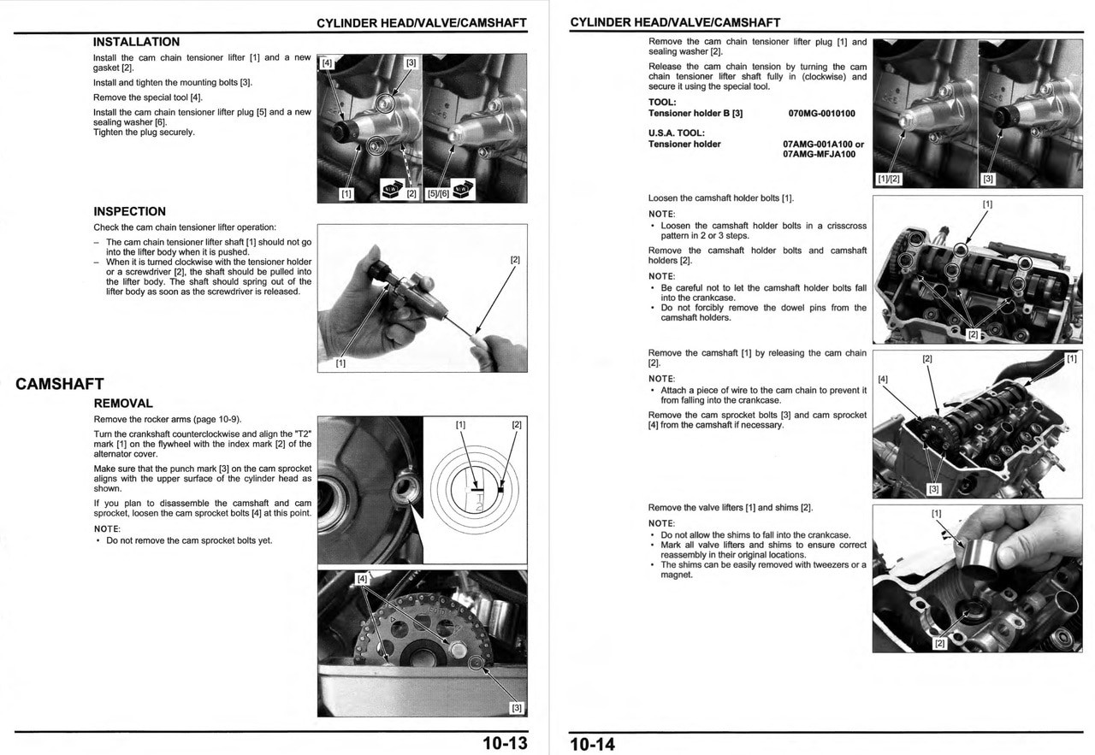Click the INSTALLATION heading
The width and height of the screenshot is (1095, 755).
point(136,42)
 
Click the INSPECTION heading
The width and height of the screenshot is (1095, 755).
point(129,211)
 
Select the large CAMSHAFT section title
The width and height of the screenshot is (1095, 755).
point(59,384)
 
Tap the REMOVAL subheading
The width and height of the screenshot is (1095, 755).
point(123,404)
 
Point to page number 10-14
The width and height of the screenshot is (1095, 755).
point(593,743)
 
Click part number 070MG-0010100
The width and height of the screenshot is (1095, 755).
point(821,114)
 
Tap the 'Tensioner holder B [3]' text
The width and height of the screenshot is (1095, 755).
point(695,114)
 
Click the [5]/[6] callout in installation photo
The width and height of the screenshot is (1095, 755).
point(437,193)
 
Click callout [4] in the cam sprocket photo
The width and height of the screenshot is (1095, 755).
point(363,579)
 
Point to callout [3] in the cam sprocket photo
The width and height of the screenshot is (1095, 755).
point(516,707)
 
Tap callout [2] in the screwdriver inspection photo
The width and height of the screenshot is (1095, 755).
point(515,260)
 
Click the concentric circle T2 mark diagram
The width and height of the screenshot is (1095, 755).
point(475,491)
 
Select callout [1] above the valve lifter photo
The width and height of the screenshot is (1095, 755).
point(936,513)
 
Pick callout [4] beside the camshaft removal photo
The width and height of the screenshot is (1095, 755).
point(883,379)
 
